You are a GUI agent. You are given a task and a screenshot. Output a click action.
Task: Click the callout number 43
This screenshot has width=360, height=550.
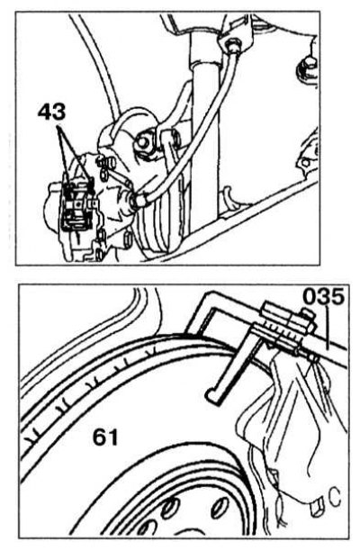tap(51, 113)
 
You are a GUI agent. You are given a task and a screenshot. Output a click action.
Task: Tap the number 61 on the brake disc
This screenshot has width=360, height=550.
tap(105, 437)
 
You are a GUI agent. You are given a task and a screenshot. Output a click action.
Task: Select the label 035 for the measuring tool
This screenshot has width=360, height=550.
tap(323, 297)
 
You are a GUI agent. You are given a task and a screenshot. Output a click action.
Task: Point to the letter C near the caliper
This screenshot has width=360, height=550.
tap(335, 498)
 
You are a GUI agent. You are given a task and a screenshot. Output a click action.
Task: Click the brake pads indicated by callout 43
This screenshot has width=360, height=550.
tap(77, 205)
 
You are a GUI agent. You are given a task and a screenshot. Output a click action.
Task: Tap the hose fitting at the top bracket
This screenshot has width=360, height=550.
tap(232, 46)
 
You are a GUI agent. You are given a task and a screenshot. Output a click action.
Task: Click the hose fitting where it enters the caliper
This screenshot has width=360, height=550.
tap(139, 201)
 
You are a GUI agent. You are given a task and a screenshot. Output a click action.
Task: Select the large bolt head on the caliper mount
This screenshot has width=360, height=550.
tap(144, 142)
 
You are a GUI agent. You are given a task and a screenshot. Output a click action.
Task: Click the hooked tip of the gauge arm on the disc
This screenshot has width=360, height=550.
tap(211, 395)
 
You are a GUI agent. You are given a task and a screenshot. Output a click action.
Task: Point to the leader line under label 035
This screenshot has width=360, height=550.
tap(328, 328)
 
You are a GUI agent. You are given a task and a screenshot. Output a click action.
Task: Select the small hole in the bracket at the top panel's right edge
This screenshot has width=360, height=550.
tap(306, 162)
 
